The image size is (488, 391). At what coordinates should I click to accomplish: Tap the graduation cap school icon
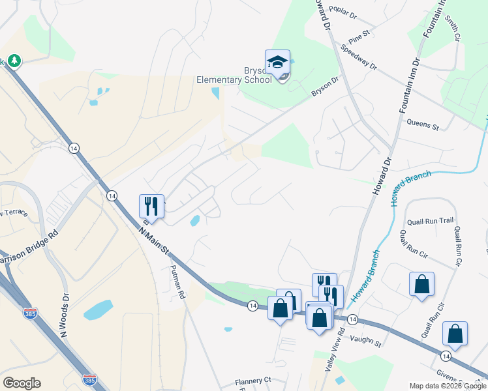pyautogui.click(x=277, y=62)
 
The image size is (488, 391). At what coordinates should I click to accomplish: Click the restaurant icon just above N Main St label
pyautogui.click(x=151, y=207)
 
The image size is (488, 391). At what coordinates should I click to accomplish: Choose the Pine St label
pyautogui.click(x=359, y=33)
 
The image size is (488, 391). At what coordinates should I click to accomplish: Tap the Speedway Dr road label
pyautogui.click(x=359, y=57)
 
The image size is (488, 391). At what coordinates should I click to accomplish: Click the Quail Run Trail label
pyautogui.click(x=429, y=220)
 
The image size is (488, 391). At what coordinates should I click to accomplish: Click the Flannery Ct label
pyautogui.click(x=253, y=380)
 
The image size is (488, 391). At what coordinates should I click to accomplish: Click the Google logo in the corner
pyautogui.click(x=22, y=383)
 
